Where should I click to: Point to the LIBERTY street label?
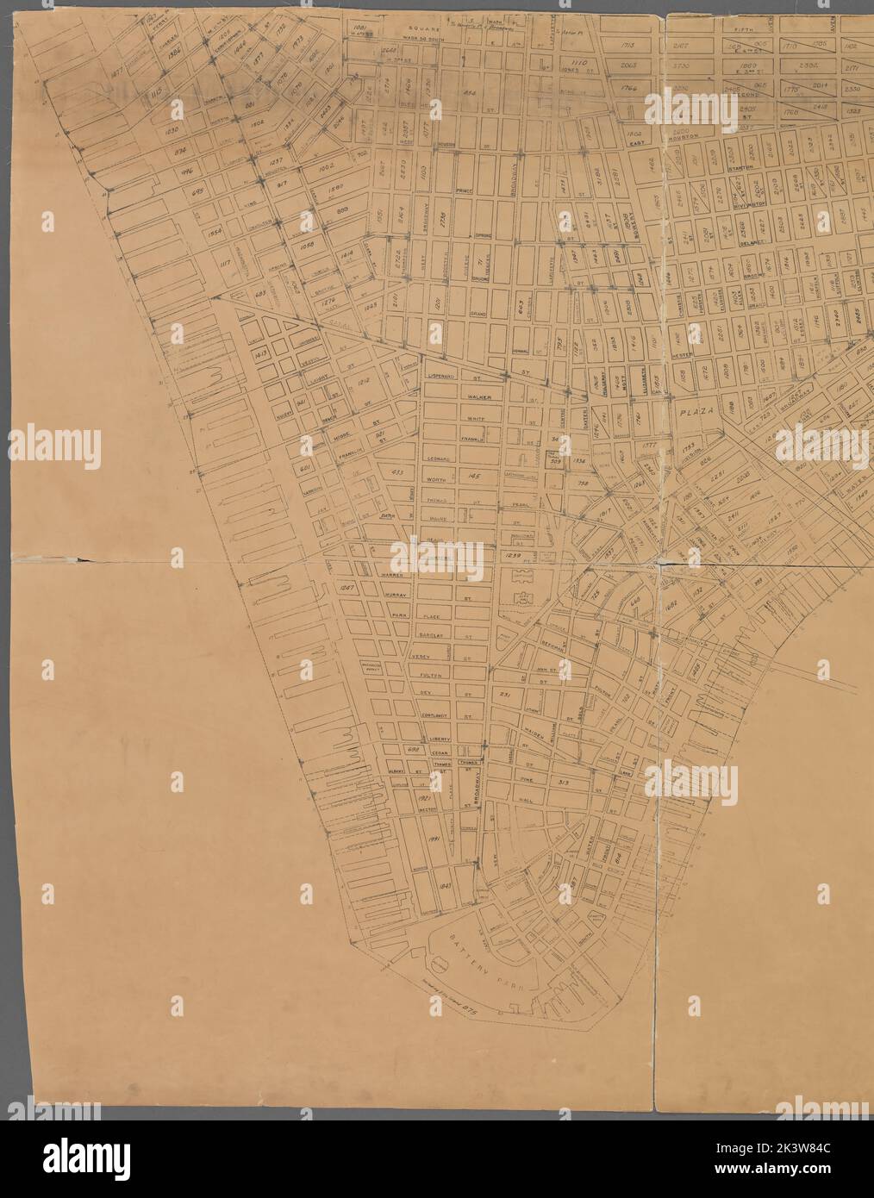tap(435, 738)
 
